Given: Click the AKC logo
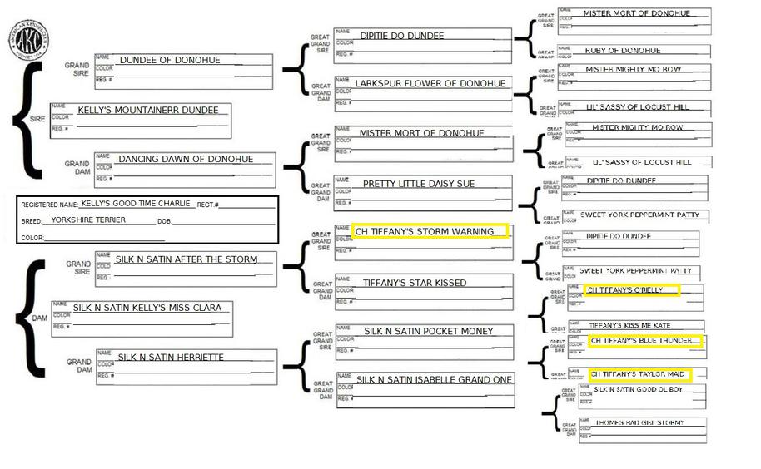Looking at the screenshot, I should (x=28, y=40).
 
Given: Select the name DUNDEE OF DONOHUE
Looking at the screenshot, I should (x=169, y=60).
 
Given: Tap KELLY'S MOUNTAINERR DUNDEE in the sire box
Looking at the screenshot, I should (x=148, y=110).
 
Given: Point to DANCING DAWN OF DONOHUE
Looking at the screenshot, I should (x=185, y=159).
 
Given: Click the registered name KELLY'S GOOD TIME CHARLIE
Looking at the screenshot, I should (x=137, y=203).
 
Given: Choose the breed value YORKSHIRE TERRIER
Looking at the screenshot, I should (x=88, y=220).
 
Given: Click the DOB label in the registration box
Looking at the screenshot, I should (x=164, y=221).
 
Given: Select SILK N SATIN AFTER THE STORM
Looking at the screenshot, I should (x=187, y=259).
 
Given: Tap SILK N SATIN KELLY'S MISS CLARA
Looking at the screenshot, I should (x=147, y=308).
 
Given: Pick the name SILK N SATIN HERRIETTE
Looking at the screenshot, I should (x=171, y=358).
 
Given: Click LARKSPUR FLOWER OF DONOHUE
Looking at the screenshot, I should (x=430, y=84).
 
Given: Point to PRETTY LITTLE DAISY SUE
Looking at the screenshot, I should (x=419, y=184).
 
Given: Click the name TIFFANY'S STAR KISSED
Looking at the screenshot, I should (x=415, y=283).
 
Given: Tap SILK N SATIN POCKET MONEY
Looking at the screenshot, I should (x=428, y=332).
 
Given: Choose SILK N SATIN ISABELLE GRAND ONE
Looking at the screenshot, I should (x=435, y=380).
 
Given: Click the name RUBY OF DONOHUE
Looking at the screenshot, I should (x=623, y=51).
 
